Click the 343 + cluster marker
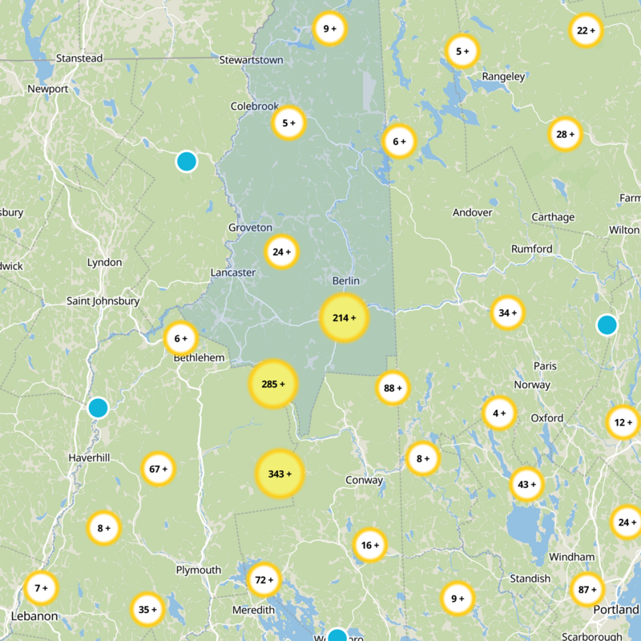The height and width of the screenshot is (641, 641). [x=280, y=474]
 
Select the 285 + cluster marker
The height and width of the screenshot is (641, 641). [x=273, y=384]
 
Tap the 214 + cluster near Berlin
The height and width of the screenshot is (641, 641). [x=344, y=318]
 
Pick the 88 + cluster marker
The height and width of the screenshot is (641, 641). [x=393, y=388]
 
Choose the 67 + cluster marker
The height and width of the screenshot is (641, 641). [x=159, y=469]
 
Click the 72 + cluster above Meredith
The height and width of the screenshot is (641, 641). [x=264, y=579]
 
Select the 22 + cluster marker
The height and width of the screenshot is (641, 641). [x=586, y=30]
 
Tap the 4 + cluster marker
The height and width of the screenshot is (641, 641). [x=499, y=413]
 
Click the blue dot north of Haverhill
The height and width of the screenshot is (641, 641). [x=98, y=408]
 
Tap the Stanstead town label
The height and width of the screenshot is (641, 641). [x=79, y=58]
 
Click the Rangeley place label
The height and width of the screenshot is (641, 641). [x=503, y=77]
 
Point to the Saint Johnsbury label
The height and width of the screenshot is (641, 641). [x=103, y=301]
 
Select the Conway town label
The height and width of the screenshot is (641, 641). [x=364, y=481]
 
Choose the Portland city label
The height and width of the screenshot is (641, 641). [x=616, y=610]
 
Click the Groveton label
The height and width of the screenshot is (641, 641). [x=250, y=228]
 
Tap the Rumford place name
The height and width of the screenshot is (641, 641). [x=532, y=249]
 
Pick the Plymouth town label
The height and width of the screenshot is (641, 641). [x=198, y=570]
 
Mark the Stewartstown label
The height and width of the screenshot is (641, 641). [x=251, y=59]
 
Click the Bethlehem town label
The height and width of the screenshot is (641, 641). [x=199, y=358]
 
